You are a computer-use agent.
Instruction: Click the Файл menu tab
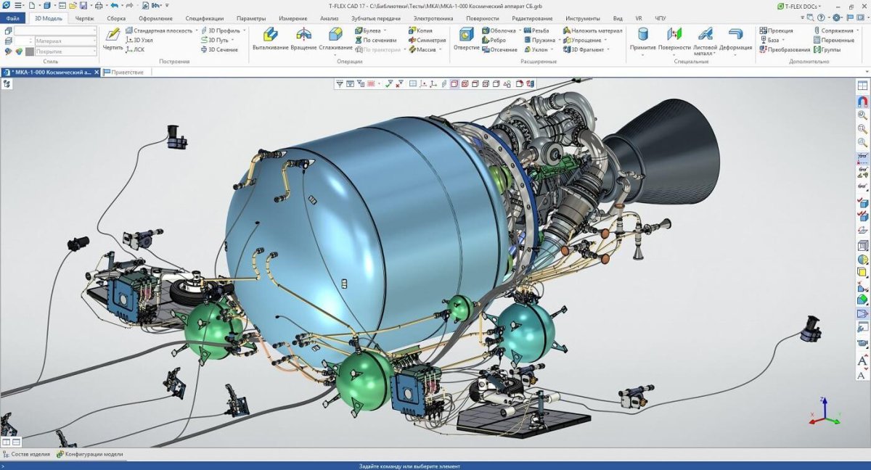click(12, 18)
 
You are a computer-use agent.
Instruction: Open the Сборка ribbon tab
click(116, 18)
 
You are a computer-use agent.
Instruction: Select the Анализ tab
click(329, 18)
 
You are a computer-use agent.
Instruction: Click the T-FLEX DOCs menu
click(802, 6)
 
